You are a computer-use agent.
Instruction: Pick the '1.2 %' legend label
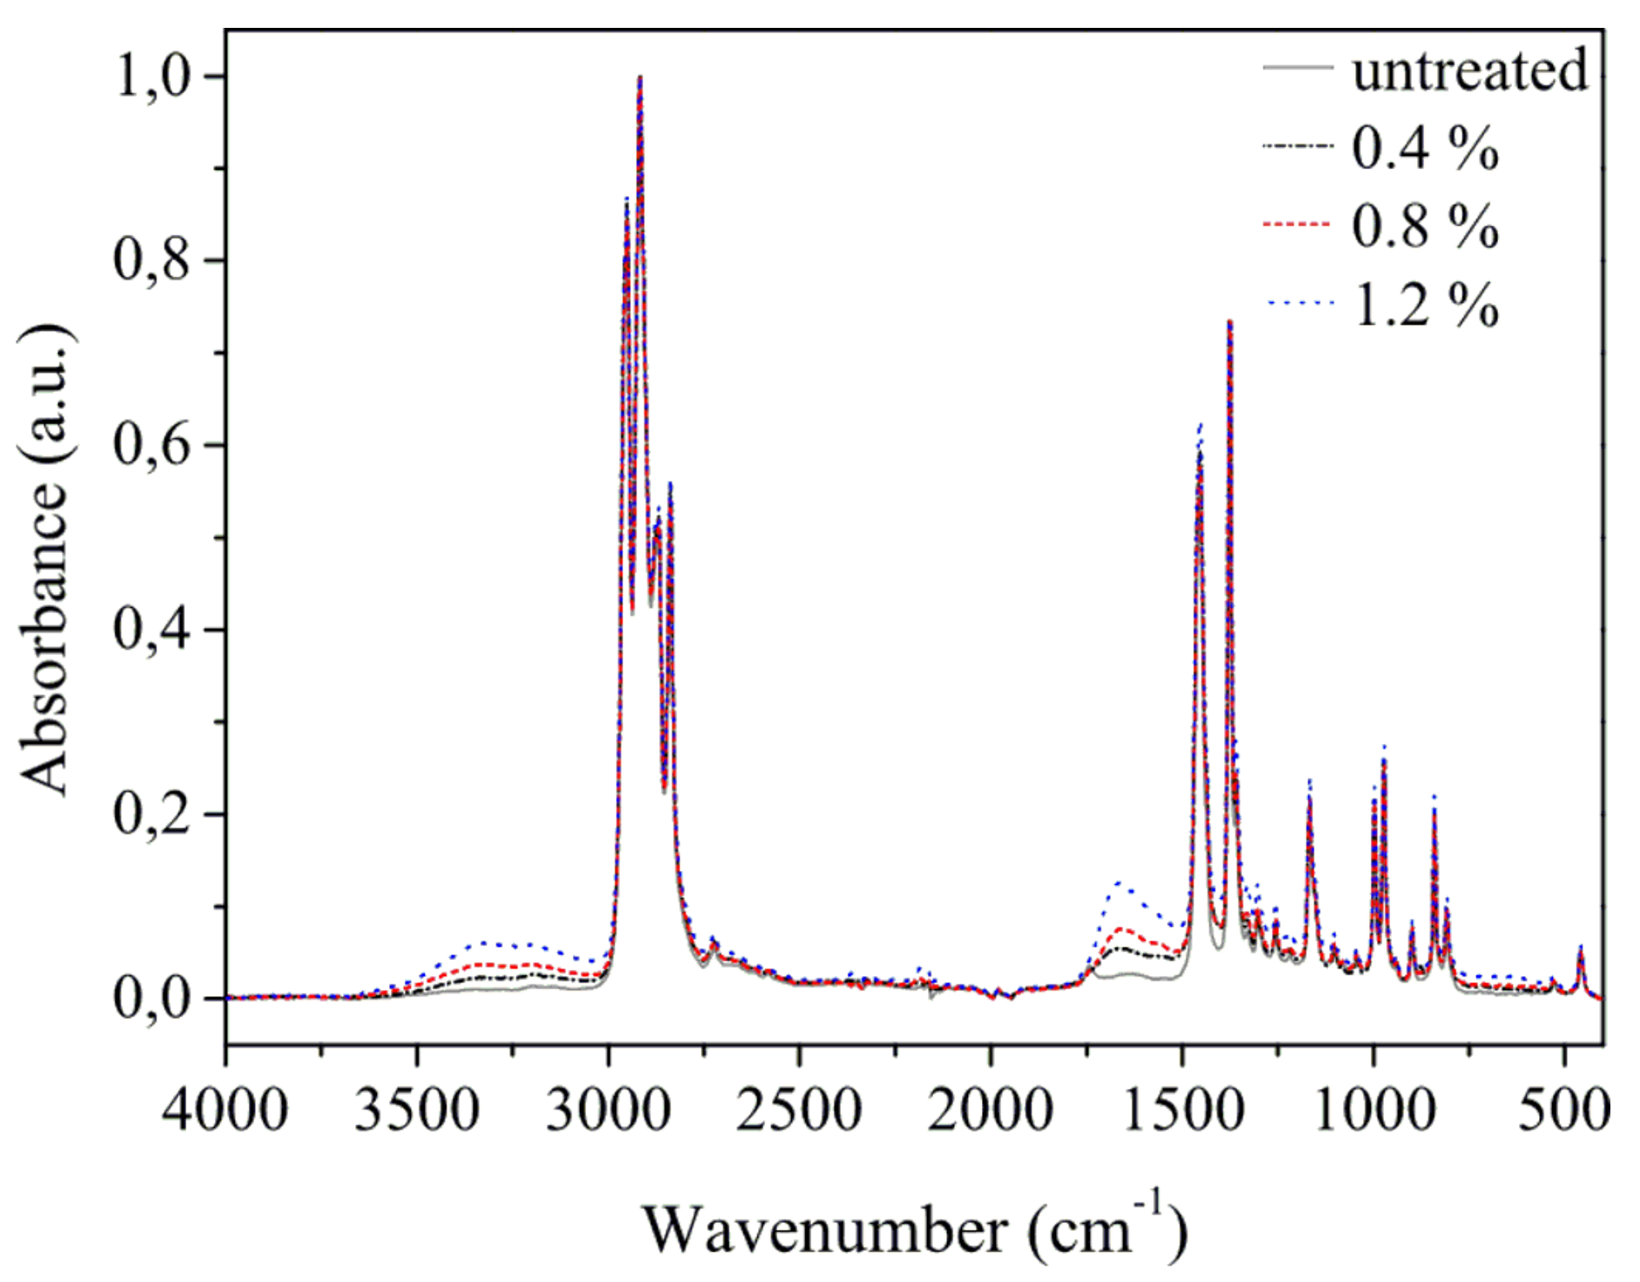point(1424,305)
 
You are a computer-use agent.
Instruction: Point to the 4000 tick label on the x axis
point(225,1110)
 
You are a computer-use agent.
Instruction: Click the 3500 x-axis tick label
point(416,1110)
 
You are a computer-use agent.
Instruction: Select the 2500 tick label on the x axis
point(798,1110)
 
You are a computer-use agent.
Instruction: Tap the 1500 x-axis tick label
point(1181,1110)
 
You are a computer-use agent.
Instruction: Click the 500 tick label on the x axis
point(1563,1110)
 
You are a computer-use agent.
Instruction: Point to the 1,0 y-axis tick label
point(152,77)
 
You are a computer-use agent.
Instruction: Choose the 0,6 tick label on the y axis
point(152,445)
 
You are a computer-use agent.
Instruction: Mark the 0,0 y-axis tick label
point(152,998)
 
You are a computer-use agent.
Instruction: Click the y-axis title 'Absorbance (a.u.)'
point(44,557)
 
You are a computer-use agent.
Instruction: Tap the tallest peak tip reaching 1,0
point(640,78)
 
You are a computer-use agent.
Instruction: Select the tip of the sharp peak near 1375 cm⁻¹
point(1230,322)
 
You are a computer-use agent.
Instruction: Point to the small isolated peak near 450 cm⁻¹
point(1581,949)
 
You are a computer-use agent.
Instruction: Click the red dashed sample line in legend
point(1297,225)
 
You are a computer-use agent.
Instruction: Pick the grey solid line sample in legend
point(1297,67)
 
